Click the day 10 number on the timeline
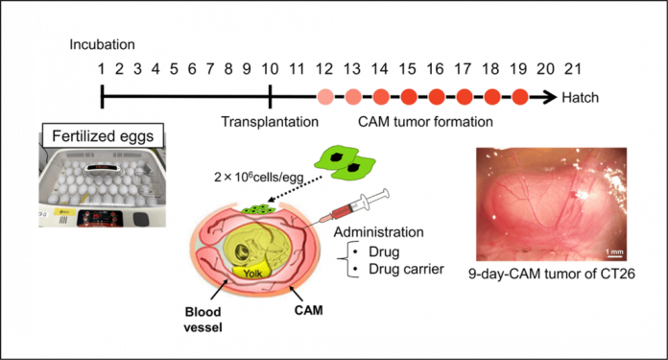point(270,69)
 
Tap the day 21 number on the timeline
point(572,69)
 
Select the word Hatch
point(580,98)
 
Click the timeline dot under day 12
point(325,97)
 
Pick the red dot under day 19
point(520,97)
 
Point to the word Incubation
point(103,45)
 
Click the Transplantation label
point(270,122)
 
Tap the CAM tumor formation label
point(425,122)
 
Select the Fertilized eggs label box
point(103,136)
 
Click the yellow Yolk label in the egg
point(252,273)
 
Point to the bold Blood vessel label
point(203,320)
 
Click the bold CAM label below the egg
point(308,310)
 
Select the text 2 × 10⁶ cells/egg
point(258,176)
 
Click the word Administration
point(379,232)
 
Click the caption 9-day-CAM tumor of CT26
point(551,274)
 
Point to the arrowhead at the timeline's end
point(551,97)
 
